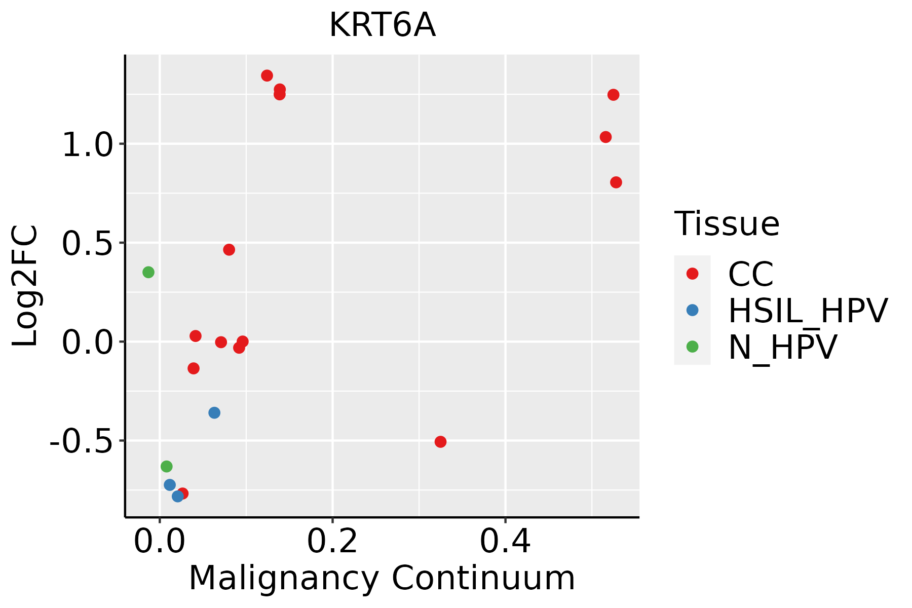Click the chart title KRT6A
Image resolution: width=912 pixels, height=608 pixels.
(382, 25)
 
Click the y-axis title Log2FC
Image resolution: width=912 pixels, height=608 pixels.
(25, 286)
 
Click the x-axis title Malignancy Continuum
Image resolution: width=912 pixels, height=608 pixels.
(382, 579)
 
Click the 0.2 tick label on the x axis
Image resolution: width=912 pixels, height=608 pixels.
(332, 541)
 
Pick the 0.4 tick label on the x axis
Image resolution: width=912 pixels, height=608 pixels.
(506, 541)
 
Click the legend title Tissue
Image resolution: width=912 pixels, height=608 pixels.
(727, 223)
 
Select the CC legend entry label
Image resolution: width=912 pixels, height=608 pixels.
(751, 274)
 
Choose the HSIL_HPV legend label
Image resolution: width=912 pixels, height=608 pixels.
(808, 311)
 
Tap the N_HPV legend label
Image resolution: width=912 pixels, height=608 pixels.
(783, 347)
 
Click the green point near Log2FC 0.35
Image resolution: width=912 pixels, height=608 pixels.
(148, 272)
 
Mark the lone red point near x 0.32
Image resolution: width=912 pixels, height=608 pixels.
(440, 442)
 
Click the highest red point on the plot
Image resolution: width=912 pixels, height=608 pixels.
(267, 75)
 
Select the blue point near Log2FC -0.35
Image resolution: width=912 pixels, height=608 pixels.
(214, 413)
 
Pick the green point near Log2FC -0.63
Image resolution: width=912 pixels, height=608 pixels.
(167, 466)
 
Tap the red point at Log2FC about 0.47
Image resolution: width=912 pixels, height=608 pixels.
(229, 250)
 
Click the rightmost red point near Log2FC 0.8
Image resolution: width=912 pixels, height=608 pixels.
(616, 182)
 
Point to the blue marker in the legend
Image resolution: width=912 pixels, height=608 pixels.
(692, 310)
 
